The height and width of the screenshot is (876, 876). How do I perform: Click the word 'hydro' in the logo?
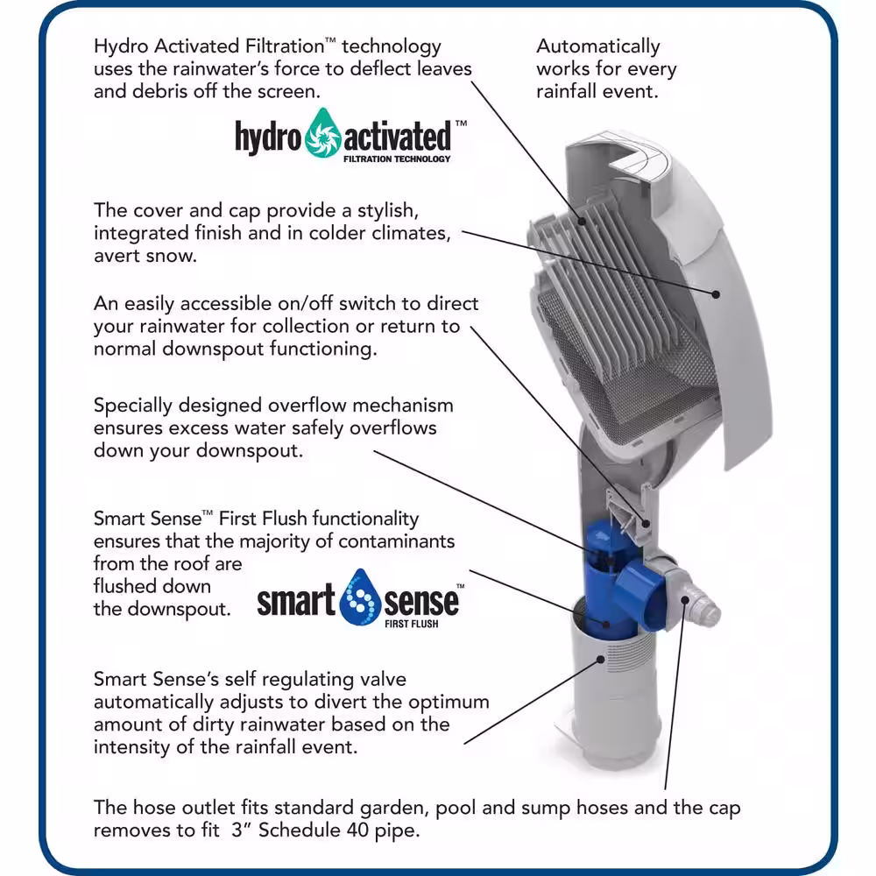click(268, 137)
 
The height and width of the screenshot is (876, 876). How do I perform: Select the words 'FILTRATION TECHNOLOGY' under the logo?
click(397, 159)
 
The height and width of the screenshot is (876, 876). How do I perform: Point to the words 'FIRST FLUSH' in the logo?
click(411, 624)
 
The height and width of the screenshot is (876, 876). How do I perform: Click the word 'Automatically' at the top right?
click(597, 46)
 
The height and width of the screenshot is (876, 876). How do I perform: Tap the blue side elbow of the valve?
click(641, 597)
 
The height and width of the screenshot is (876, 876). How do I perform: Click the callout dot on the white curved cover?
click(716, 293)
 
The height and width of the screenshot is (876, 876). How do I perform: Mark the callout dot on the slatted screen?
click(582, 222)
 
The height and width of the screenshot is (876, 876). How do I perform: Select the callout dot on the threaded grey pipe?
click(601, 660)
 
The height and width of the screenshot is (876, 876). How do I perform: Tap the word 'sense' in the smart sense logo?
click(421, 602)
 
